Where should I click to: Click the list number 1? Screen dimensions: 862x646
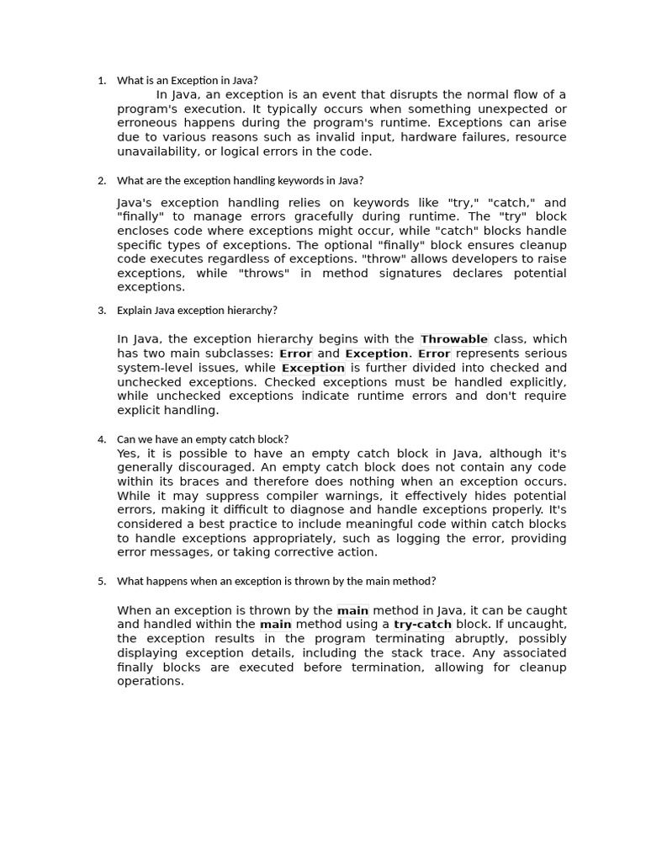[x=101, y=81]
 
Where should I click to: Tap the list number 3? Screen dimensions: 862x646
[x=101, y=311]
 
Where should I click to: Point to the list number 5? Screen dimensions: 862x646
[x=101, y=582]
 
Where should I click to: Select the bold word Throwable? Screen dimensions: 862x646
[x=454, y=339]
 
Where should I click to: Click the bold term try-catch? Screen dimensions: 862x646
[x=423, y=625]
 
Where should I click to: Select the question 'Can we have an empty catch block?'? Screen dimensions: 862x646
[x=203, y=439]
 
